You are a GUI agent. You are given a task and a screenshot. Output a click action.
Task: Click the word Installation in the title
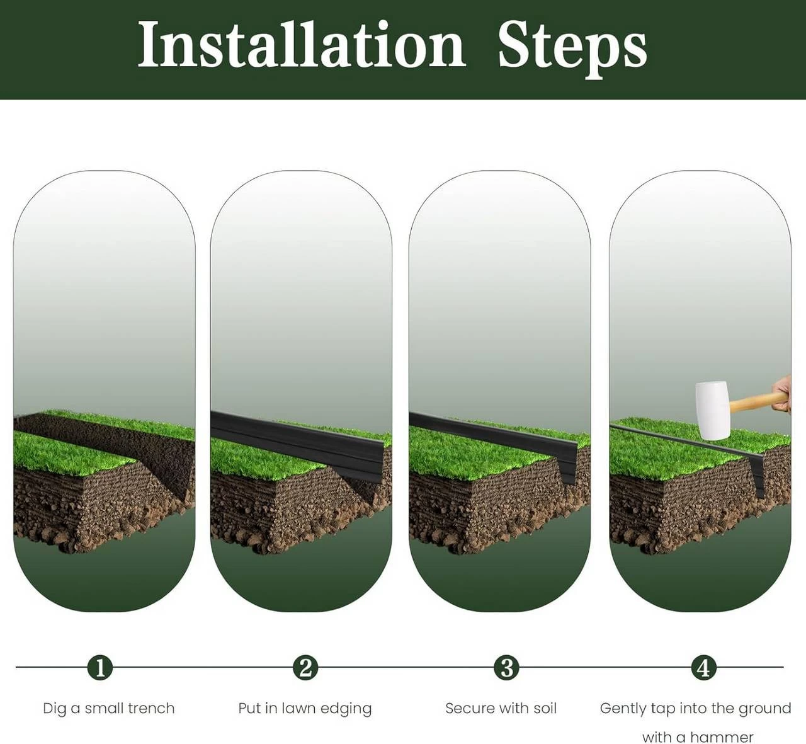tap(302, 45)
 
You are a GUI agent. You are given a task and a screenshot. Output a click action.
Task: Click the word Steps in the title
tap(572, 48)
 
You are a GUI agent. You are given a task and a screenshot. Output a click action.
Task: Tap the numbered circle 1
tap(100, 667)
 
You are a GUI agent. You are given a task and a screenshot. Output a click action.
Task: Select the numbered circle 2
tap(305, 667)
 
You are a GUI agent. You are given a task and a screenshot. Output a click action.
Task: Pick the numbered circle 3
tap(506, 667)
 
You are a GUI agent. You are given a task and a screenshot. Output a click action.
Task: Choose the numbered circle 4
tap(703, 667)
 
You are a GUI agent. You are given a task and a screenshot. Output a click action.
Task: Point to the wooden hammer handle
tap(751, 403)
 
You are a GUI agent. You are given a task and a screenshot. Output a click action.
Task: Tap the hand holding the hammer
tap(781, 394)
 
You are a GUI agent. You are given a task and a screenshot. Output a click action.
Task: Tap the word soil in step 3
tap(544, 708)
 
